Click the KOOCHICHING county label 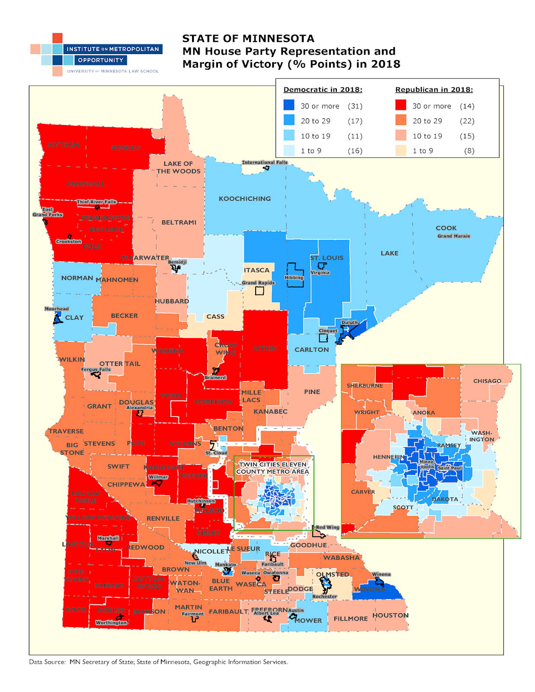(x=244, y=199)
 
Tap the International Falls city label (x=264, y=163)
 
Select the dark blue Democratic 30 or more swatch (x=289, y=105)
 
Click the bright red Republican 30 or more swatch (x=400, y=105)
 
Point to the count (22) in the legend (x=467, y=121)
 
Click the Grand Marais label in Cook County (x=453, y=236)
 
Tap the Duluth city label (x=349, y=323)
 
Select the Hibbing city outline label (x=294, y=278)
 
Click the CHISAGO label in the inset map (x=487, y=381)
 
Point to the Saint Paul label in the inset (x=449, y=468)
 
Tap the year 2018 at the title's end (x=385, y=64)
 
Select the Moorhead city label (x=57, y=309)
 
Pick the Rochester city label (x=324, y=596)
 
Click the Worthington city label (x=111, y=623)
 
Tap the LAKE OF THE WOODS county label (x=178, y=167)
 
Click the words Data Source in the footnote (x=47, y=662)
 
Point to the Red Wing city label (x=327, y=527)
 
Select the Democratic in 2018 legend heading (x=323, y=90)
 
